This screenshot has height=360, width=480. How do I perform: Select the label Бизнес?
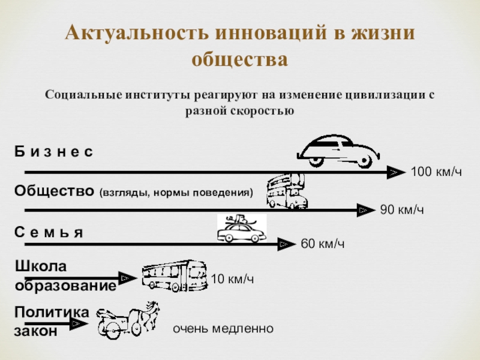point(54,153)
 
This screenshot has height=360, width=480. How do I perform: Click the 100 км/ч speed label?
point(436,173)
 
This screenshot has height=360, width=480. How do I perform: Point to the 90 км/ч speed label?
point(402,210)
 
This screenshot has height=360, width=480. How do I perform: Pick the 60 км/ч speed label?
point(322,244)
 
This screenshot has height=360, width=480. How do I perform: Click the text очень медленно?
point(223,329)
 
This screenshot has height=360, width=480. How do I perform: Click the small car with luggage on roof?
point(241,229)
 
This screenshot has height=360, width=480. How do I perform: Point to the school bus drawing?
point(173,277)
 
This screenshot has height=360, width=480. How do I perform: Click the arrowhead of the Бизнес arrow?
point(394,173)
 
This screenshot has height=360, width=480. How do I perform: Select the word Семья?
point(48,232)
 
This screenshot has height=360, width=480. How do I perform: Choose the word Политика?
point(52,312)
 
